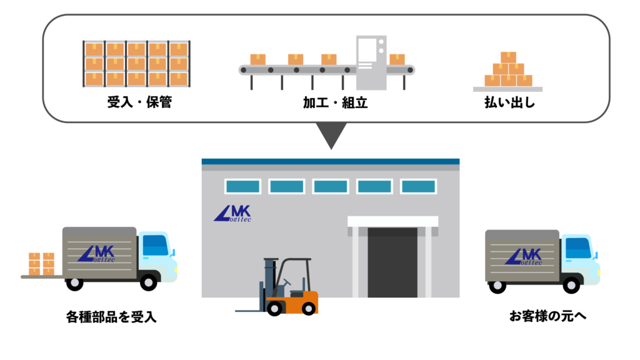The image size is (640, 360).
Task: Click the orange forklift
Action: [291, 294]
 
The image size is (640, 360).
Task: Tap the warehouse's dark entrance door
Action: [392, 262]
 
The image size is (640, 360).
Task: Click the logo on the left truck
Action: [96, 253]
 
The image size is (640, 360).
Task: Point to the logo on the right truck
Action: [523, 256]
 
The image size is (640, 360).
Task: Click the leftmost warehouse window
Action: [242, 186]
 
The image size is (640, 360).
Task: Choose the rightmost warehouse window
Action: [418, 186]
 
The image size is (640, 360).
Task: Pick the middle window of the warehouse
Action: [331, 186]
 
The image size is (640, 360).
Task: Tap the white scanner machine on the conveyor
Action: [371, 62]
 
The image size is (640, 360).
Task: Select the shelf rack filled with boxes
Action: [136, 63]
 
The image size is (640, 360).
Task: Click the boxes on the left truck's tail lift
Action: [42, 263]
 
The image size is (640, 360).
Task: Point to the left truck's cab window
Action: [156, 246]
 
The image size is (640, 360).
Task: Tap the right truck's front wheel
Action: [571, 284]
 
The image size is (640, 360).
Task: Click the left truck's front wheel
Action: [148, 282]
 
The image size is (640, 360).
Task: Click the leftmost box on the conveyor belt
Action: [258, 59]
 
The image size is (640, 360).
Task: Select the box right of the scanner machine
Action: [397, 59]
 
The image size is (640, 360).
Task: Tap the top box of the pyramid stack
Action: [508, 57]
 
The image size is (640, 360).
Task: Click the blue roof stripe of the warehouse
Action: [330, 161]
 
